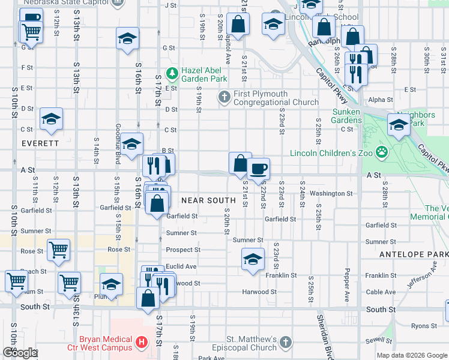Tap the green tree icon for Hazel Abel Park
pyautogui.click(x=172, y=73)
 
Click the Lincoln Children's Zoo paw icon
pyautogui.click(x=381, y=152)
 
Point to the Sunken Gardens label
pyautogui.click(x=346, y=116)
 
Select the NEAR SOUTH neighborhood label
pyautogui.click(x=208, y=200)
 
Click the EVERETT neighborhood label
pyautogui.click(x=40, y=144)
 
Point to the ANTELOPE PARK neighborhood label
pyautogui.click(x=414, y=255)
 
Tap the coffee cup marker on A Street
pyautogui.click(x=258, y=168)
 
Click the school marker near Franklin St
pyautogui.click(x=253, y=259)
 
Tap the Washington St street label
pyautogui.click(x=331, y=193)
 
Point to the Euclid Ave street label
pyautogui.click(x=181, y=266)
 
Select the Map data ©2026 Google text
pyautogui.click(x=411, y=355)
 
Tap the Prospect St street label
pyautogui.click(x=182, y=250)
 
